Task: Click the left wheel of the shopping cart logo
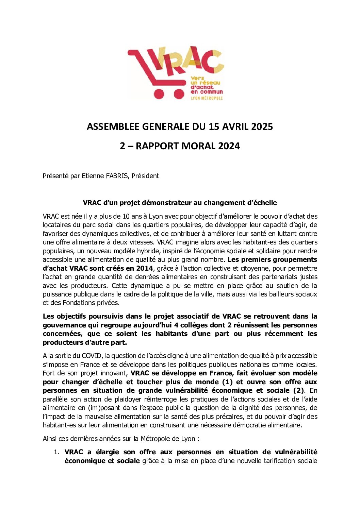pyautogui.click(x=159, y=94)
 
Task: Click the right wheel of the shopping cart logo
pyautogui.click(x=179, y=94)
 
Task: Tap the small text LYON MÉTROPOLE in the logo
pyautogui.click(x=207, y=98)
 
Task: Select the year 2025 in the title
pyautogui.click(x=262, y=126)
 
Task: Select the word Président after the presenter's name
pyautogui.click(x=145, y=176)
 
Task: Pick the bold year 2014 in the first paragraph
pyautogui.click(x=144, y=268)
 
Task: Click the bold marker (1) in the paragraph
pyautogui.click(x=227, y=382)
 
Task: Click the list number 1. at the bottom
pyautogui.click(x=56, y=452)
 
